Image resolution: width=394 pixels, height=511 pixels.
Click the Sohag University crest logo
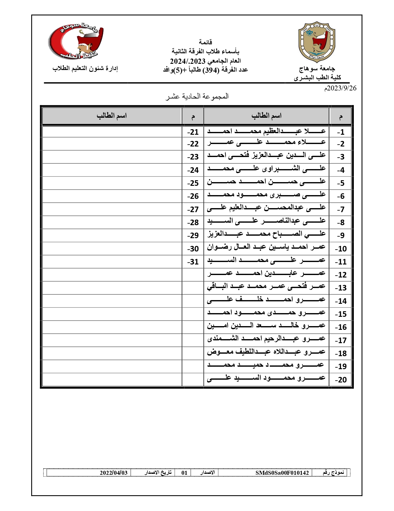tap(317, 42)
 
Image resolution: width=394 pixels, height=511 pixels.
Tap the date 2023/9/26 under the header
tap(340, 88)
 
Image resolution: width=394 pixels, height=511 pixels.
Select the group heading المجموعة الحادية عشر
tap(197, 96)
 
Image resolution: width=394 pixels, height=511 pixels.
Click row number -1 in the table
tap(341, 132)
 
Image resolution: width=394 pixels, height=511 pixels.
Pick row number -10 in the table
tap(341, 249)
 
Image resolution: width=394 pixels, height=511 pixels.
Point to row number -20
tap(341, 380)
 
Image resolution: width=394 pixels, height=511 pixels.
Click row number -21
tap(193, 132)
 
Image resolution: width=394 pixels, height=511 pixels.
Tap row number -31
tap(193, 262)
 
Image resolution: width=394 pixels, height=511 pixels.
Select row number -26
tap(193, 196)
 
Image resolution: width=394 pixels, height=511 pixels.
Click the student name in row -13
tap(266, 287)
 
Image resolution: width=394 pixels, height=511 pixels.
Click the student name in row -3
tap(266, 156)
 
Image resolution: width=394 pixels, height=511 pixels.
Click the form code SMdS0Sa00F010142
tap(282, 473)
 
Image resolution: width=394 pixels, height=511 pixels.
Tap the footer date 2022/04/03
tap(113, 473)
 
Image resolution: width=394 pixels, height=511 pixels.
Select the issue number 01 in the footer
tap(184, 473)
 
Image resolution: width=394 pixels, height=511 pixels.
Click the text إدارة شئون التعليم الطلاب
tap(85, 68)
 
